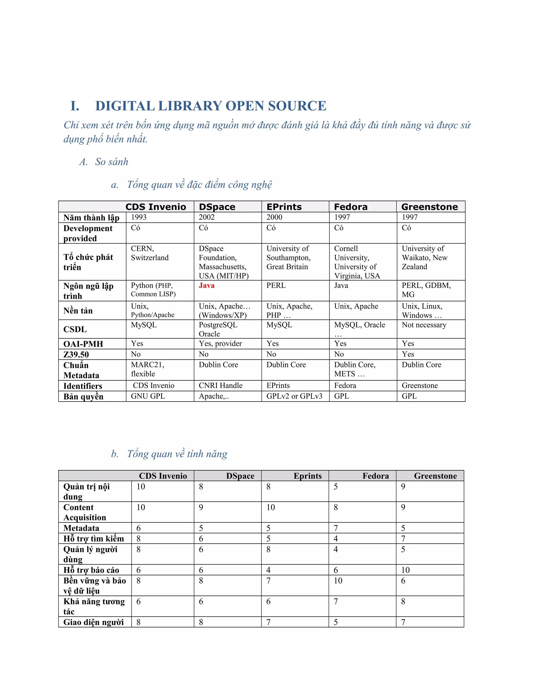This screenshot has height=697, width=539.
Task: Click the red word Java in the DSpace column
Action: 206,285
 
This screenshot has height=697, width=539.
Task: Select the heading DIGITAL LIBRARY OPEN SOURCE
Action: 211,106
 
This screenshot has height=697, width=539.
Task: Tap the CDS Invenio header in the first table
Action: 156,207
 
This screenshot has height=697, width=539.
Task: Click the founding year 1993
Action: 139,217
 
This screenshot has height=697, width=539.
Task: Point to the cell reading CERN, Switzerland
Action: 149,253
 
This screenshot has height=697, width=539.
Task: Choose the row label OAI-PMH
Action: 83,344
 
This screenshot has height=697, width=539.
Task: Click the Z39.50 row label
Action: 76,354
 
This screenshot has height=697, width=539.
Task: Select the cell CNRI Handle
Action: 220,386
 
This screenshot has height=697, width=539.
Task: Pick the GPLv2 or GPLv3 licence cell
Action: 294,396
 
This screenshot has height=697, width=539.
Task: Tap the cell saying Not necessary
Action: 424,325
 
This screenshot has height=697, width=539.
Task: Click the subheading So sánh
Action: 111,162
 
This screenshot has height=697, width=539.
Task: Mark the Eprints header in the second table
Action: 307,476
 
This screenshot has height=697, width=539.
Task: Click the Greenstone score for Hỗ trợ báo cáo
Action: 405,570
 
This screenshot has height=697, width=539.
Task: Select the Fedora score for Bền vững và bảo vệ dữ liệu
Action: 338,580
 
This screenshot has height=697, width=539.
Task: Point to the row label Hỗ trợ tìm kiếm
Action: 93,539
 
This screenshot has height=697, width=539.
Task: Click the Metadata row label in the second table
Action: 81,528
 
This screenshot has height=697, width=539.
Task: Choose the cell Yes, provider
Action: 220,344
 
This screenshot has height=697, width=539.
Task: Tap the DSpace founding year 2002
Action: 207,217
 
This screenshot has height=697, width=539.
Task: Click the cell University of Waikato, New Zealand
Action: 424,257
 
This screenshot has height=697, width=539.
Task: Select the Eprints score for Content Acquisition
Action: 271,507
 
